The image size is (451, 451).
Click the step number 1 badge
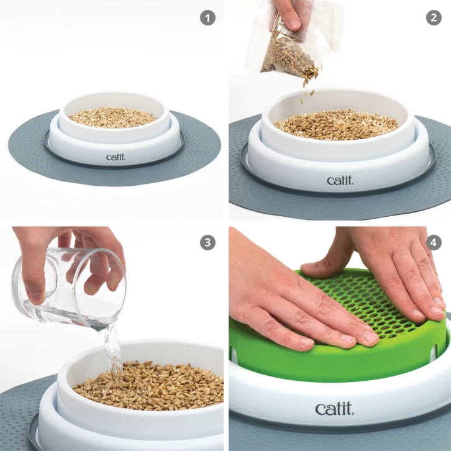pyautogui.click(x=207, y=17)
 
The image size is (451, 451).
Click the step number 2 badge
pyautogui.click(x=434, y=17)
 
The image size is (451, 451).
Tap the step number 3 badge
pyautogui.click(x=207, y=242)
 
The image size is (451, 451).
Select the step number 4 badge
pyautogui.click(x=434, y=242)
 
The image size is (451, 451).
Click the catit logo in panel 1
pyautogui.click(x=115, y=157)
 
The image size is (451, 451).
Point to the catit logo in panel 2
pyautogui.click(x=340, y=180)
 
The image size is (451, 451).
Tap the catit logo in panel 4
pyautogui.click(x=334, y=408)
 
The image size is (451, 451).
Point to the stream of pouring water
pyautogui.click(x=113, y=351)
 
